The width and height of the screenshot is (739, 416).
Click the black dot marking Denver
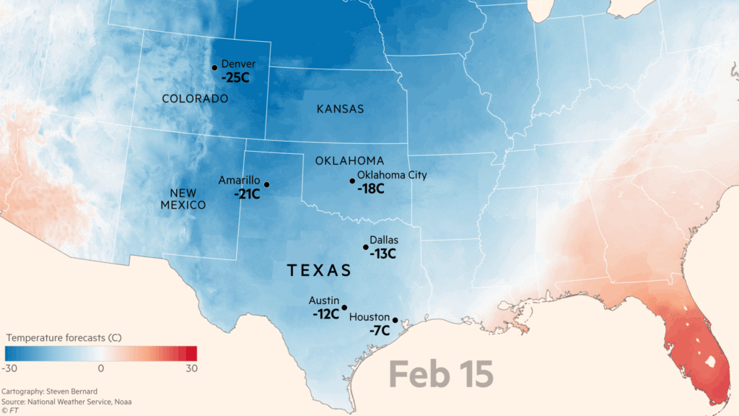coord(214,68)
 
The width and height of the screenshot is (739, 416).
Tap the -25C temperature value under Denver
coord(235,77)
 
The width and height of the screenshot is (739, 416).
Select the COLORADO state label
coord(195,99)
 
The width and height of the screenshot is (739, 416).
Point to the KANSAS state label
coord(340,109)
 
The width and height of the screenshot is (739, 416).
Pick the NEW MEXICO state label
coord(188,199)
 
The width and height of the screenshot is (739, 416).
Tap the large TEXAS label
coord(319,270)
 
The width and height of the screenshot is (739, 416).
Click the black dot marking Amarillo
coord(266,185)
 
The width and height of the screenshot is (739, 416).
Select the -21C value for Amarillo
coord(248,194)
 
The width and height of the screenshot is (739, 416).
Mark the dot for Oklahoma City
coord(352,181)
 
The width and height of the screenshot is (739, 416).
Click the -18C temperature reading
coord(370,188)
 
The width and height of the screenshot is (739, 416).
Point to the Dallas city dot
coord(365,247)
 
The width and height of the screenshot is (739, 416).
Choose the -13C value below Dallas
coord(383,253)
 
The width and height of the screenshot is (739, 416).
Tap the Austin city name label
coord(323,300)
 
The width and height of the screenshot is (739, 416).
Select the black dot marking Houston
coord(395,320)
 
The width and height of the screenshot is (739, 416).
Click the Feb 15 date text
coord(441,374)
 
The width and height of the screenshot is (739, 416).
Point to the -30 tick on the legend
coord(10,368)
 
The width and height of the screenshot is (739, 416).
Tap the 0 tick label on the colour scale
coord(101,368)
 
